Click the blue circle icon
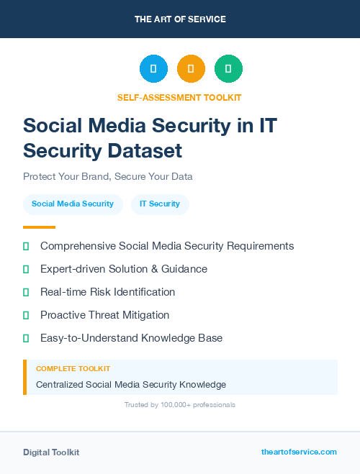click(153, 69)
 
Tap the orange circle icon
click(191, 69)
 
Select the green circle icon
click(228, 69)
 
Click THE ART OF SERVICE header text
click(180, 19)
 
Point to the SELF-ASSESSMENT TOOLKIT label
click(179, 97)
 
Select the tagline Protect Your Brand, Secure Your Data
click(108, 176)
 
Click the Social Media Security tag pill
click(73, 204)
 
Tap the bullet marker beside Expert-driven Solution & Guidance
click(26, 269)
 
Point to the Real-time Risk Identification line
click(107, 292)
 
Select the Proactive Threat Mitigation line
click(104, 315)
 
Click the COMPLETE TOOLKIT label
click(73, 368)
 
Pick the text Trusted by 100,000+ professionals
click(180, 405)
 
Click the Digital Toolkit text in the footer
click(51, 452)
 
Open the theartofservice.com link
click(299, 452)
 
